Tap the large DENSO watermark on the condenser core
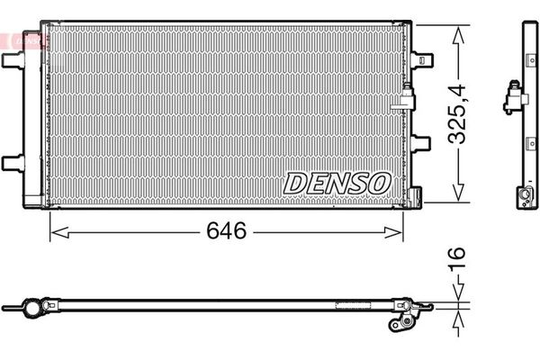(337, 184)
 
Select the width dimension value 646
(226, 232)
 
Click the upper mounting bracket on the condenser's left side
(13, 60)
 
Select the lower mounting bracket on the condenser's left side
(13, 163)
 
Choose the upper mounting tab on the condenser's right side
(421, 60)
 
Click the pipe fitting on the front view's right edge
(408, 97)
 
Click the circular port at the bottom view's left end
(33, 309)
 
